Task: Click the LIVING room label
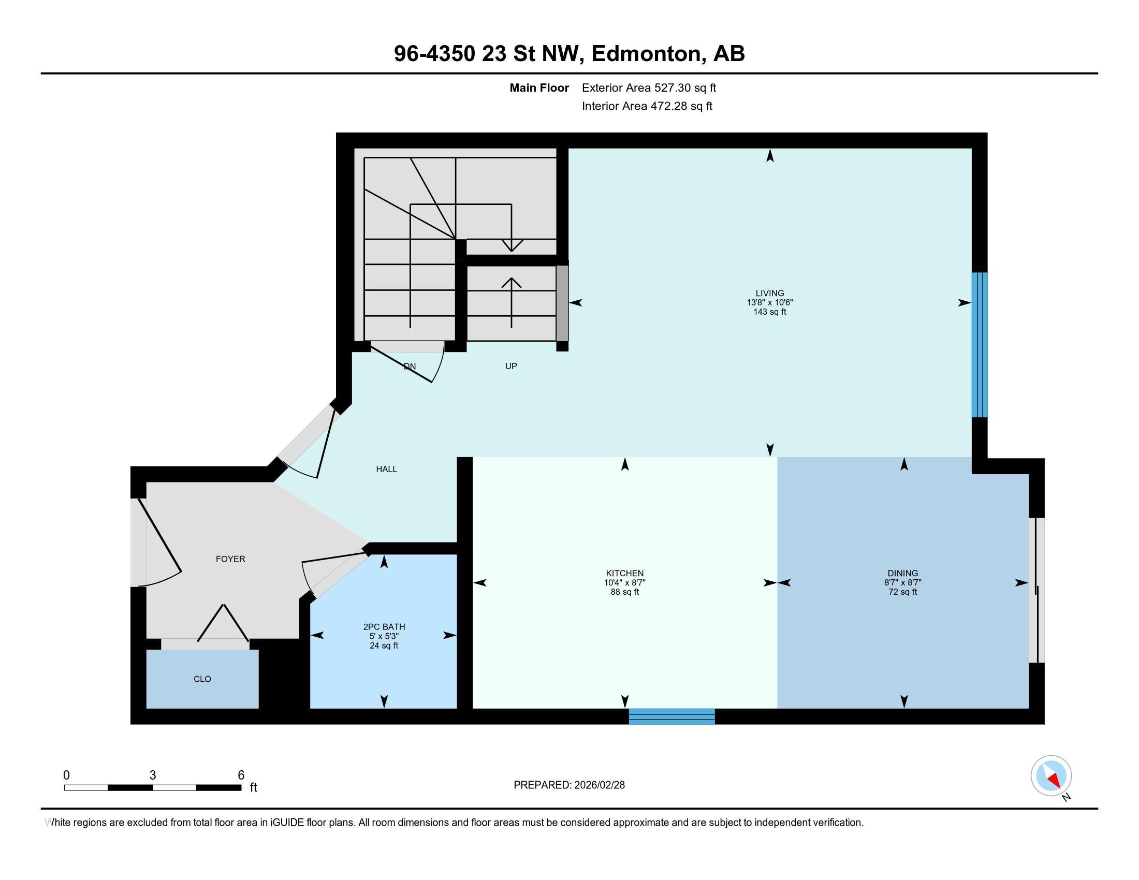[769, 293]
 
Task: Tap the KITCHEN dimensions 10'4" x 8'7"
[624, 583]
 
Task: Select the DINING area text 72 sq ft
[903, 592]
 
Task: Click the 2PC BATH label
[384, 627]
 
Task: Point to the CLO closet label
[202, 679]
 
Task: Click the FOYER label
[230, 559]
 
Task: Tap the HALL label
[386, 469]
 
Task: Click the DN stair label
[410, 366]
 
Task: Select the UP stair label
[510, 366]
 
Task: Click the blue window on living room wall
[979, 345]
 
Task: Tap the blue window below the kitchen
[671, 716]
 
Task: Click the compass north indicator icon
[1051, 776]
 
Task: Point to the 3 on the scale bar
[152, 775]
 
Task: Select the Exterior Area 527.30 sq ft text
[649, 88]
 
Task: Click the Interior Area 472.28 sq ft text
[647, 106]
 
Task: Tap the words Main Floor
[539, 88]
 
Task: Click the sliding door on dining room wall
[1036, 590]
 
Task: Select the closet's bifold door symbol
[223, 624]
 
